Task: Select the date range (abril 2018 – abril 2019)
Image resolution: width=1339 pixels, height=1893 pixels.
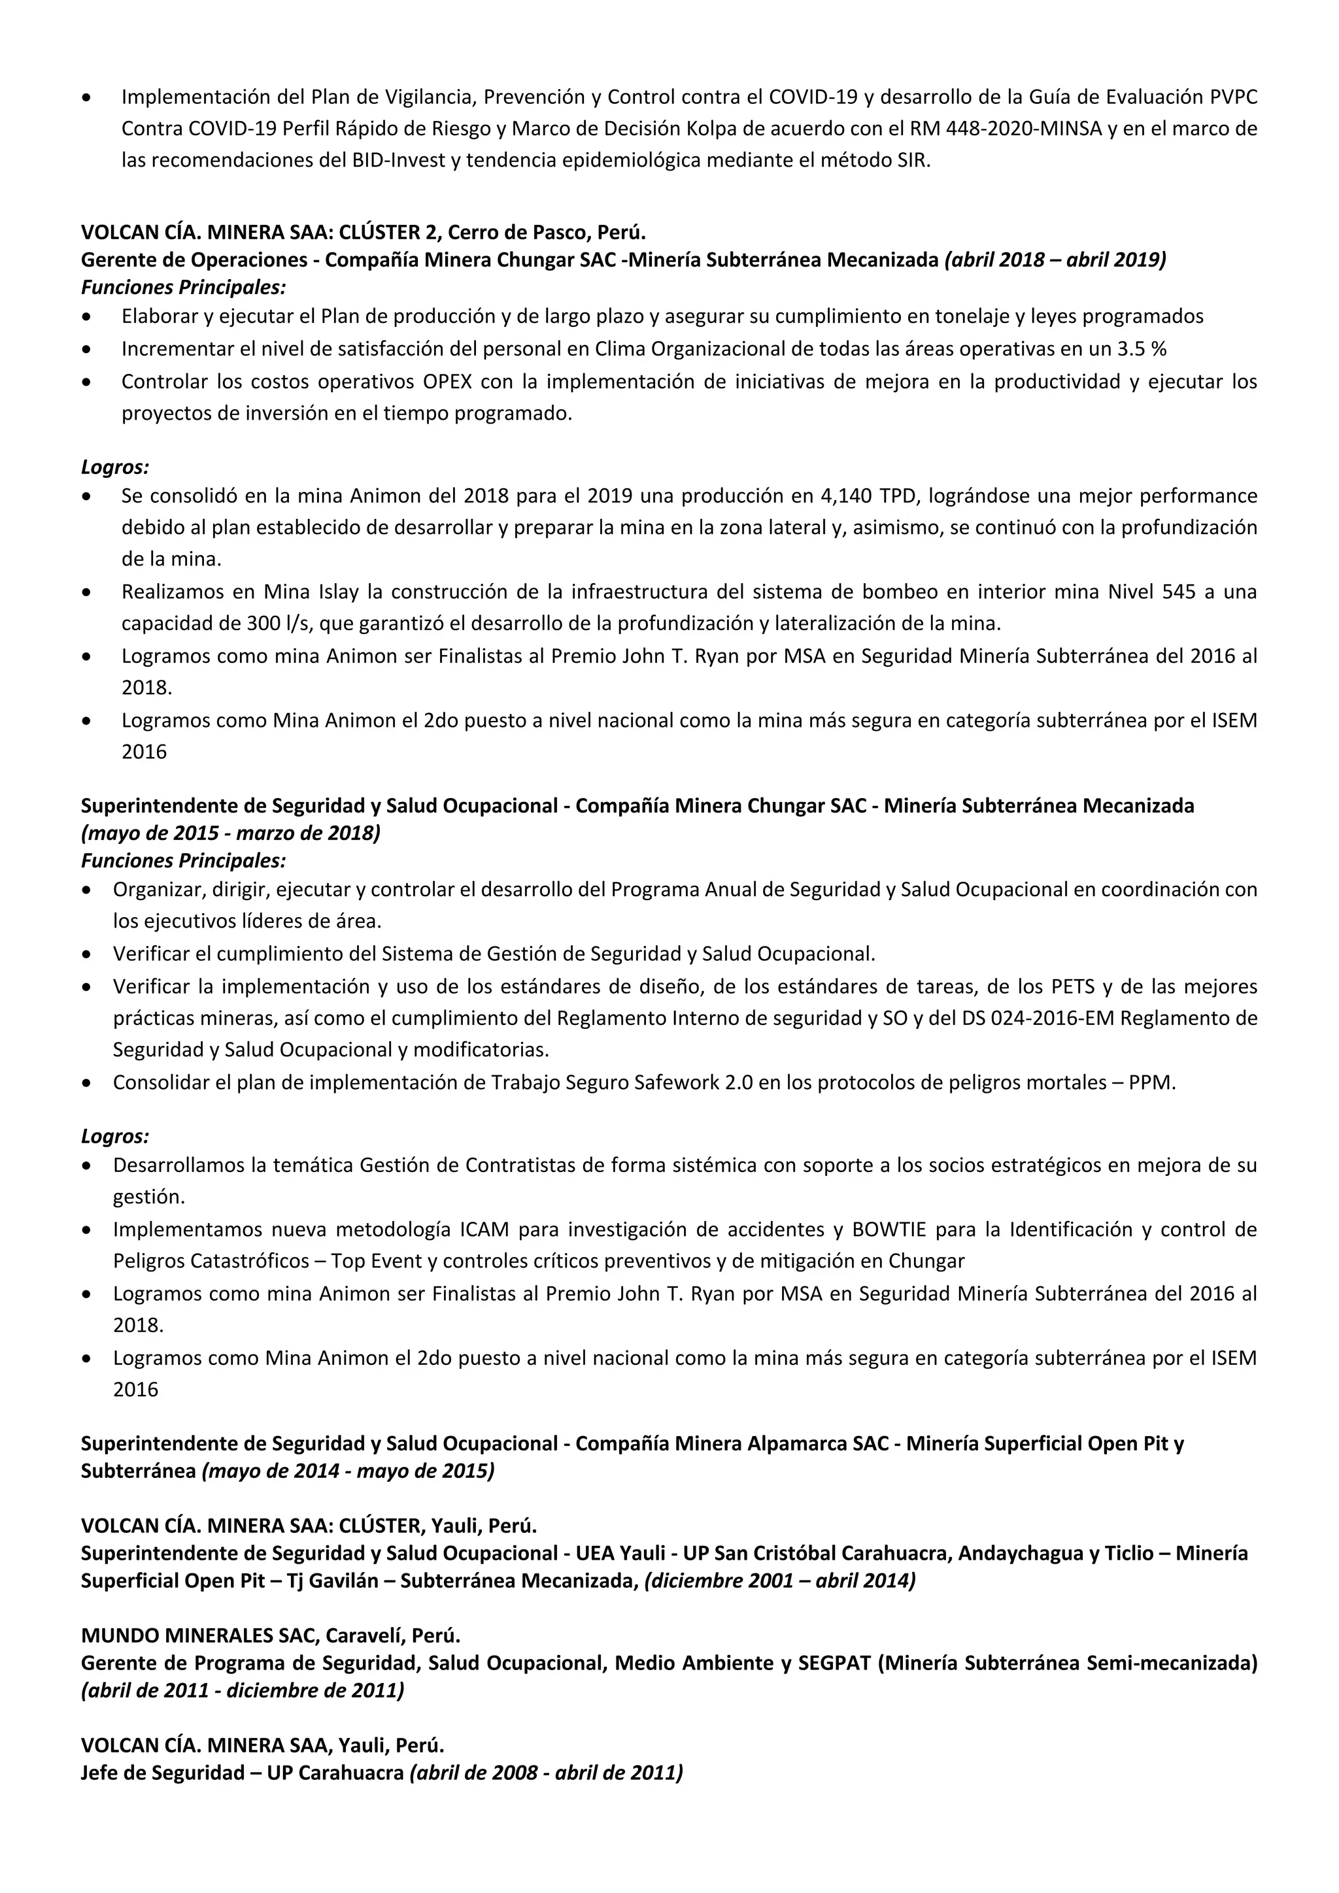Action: [1055, 260]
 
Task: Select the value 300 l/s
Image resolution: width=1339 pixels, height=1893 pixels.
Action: [276, 624]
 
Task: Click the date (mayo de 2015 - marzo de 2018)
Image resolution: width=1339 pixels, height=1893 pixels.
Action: [231, 833]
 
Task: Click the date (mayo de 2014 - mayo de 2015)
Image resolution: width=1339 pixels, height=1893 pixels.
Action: [348, 1471]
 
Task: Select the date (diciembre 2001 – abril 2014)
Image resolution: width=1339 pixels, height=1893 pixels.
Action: [780, 1581]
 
